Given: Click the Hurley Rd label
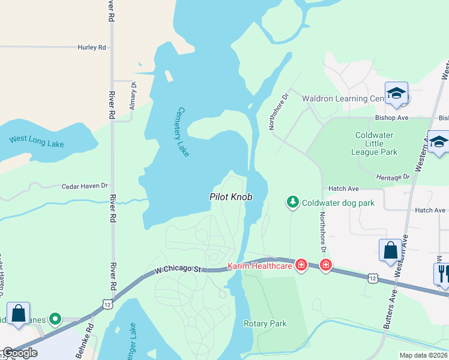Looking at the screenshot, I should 91,47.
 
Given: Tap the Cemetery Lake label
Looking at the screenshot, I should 183,132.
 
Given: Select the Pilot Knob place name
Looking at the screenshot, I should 231,197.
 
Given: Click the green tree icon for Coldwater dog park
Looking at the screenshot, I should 292,203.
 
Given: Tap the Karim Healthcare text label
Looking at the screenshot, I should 259,266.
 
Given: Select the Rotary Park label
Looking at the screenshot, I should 265,323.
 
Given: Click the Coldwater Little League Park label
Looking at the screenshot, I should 376,143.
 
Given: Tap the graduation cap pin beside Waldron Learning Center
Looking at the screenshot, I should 396,94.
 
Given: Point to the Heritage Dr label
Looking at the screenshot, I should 393,177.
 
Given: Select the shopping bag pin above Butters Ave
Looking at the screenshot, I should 390,251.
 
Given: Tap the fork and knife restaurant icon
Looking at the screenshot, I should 442,274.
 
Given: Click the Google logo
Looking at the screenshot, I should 20,353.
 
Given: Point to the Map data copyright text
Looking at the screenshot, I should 424,355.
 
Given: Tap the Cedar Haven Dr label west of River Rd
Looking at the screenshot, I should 85,187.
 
